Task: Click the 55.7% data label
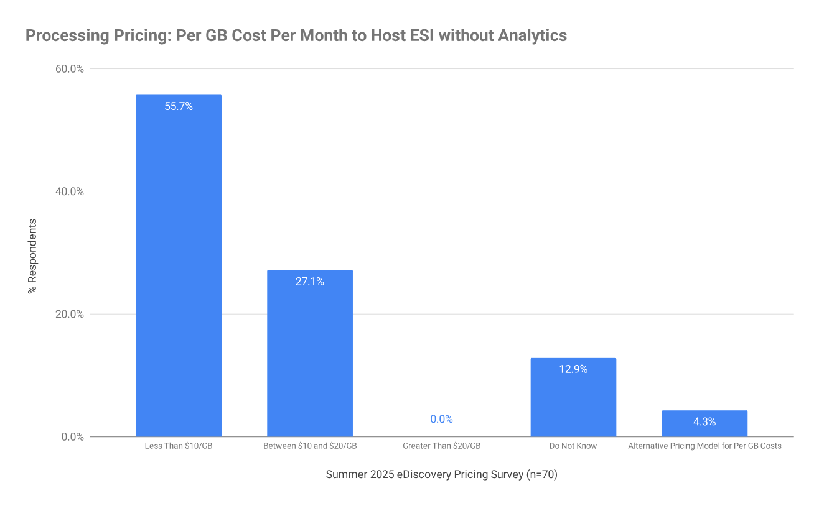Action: tap(179, 106)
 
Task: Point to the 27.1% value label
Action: tap(309, 282)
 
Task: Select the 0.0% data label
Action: tap(441, 419)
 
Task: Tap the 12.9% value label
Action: tap(573, 369)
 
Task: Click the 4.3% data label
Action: tap(704, 421)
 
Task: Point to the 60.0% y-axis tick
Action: tap(70, 68)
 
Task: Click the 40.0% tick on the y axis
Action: tap(70, 191)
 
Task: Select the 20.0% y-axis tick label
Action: tap(70, 314)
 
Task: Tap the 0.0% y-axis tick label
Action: tap(72, 436)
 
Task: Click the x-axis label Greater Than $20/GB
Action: tap(441, 446)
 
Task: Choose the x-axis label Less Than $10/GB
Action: tap(179, 446)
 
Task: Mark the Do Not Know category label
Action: tap(573, 446)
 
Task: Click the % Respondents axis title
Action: tap(33, 256)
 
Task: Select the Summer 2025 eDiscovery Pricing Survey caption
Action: tap(441, 475)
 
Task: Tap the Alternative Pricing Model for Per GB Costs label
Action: tap(704, 446)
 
